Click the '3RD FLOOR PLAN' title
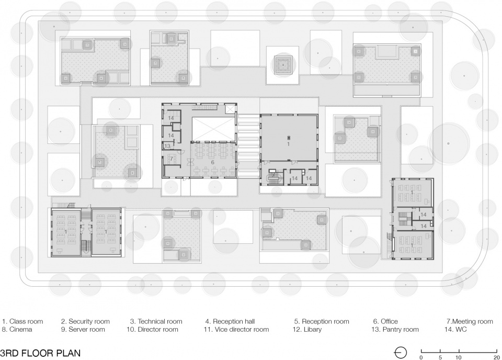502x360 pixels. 40,353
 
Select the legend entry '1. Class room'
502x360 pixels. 22,321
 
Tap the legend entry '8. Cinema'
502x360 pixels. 17,329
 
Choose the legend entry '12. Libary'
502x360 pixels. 307,330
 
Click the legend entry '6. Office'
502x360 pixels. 385,321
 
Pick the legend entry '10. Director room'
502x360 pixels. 152,329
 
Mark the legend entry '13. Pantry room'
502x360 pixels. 395,330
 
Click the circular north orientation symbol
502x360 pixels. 400,353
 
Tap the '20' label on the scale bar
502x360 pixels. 497,357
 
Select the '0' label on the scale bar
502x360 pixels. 421,357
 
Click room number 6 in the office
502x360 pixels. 213,162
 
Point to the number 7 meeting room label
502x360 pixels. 172,159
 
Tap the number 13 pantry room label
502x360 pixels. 167,146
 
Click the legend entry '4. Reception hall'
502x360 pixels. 230,321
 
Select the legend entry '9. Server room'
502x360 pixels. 83,329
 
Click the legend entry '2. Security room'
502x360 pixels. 85,322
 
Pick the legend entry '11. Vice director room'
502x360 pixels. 236,329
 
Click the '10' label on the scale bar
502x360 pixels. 459,357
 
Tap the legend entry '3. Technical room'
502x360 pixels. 156,321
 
